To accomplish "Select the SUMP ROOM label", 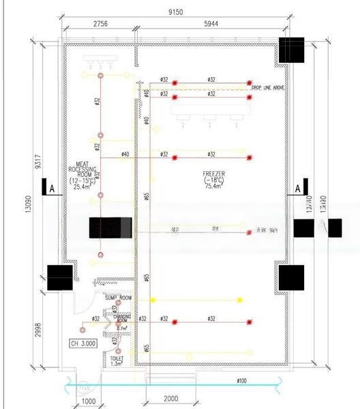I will click(x=117, y=298).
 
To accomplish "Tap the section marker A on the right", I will click(x=299, y=187).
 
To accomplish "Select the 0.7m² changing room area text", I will click(x=123, y=328).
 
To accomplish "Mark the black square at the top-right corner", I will click(x=292, y=50).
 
